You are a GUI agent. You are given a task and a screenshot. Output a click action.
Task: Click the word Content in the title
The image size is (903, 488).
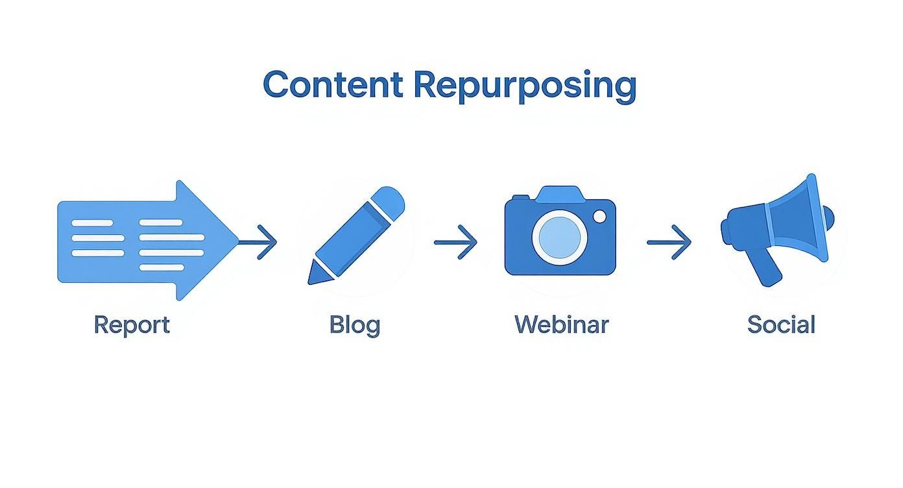332,85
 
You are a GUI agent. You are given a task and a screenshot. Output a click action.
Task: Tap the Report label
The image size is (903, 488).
132,324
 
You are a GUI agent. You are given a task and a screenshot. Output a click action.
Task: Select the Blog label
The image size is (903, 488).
354,324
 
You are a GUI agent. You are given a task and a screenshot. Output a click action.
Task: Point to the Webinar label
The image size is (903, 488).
562,324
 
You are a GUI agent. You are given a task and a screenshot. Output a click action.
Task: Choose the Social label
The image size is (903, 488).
780,324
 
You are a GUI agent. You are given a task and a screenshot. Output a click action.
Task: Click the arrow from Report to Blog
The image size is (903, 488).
259,242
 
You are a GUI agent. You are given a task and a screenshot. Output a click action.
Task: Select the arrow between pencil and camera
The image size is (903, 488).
455,242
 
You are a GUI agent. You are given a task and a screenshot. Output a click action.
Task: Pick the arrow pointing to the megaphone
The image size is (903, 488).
669,242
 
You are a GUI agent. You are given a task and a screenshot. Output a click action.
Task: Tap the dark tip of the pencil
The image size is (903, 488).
313,278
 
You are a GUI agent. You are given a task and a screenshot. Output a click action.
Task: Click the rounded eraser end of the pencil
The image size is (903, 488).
391,198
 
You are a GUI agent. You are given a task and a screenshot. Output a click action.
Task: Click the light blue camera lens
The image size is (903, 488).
559,237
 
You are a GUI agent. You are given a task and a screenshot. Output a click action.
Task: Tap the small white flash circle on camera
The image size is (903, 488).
599,215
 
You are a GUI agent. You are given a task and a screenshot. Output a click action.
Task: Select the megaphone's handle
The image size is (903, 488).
766,266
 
